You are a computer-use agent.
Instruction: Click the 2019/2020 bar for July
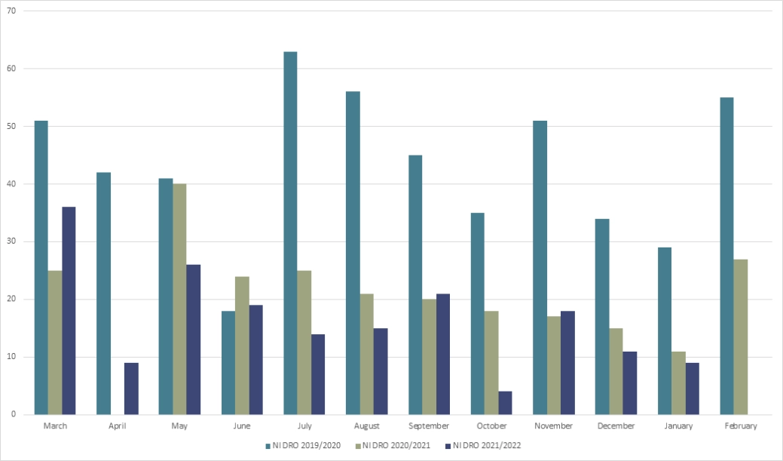click(x=290, y=233)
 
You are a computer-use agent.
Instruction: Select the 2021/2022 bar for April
click(x=131, y=389)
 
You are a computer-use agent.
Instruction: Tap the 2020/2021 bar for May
click(x=180, y=300)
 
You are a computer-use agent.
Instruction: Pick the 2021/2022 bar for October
click(x=505, y=403)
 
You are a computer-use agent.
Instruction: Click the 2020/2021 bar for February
click(x=741, y=337)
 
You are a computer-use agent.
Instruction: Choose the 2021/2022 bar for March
click(x=69, y=311)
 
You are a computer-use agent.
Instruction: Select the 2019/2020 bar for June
click(x=228, y=363)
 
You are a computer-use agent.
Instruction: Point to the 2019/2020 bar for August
click(x=353, y=253)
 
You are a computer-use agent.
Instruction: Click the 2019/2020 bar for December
click(x=602, y=317)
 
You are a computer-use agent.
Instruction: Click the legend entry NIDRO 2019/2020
click(x=304, y=445)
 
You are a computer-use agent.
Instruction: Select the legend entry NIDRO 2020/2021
click(x=395, y=445)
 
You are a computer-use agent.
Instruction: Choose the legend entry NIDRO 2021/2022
click(x=485, y=445)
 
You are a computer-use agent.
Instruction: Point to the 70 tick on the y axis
click(x=11, y=11)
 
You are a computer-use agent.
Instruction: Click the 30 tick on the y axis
click(x=11, y=241)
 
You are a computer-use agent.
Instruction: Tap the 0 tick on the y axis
click(x=13, y=414)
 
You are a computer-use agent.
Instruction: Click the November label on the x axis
click(x=552, y=426)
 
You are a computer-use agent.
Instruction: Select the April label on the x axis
click(x=117, y=426)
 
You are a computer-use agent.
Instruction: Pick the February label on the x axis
click(x=741, y=426)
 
